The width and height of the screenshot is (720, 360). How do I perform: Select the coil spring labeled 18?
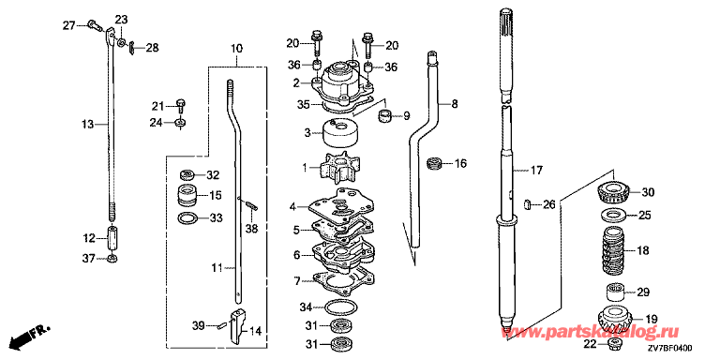coord(614,250)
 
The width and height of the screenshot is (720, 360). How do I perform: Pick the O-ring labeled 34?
coord(340,306)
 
